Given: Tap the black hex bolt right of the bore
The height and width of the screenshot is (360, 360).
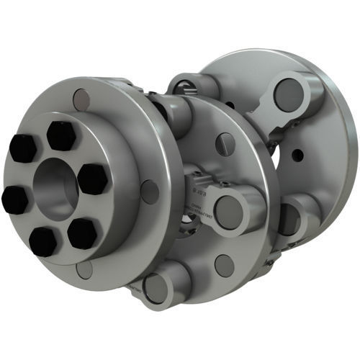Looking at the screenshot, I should [93, 179].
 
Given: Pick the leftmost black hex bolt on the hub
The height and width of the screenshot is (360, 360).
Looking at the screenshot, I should [16, 199].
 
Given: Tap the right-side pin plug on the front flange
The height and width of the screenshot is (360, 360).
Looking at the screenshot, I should [150, 192].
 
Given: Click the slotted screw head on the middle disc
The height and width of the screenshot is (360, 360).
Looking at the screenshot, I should [225, 144].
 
